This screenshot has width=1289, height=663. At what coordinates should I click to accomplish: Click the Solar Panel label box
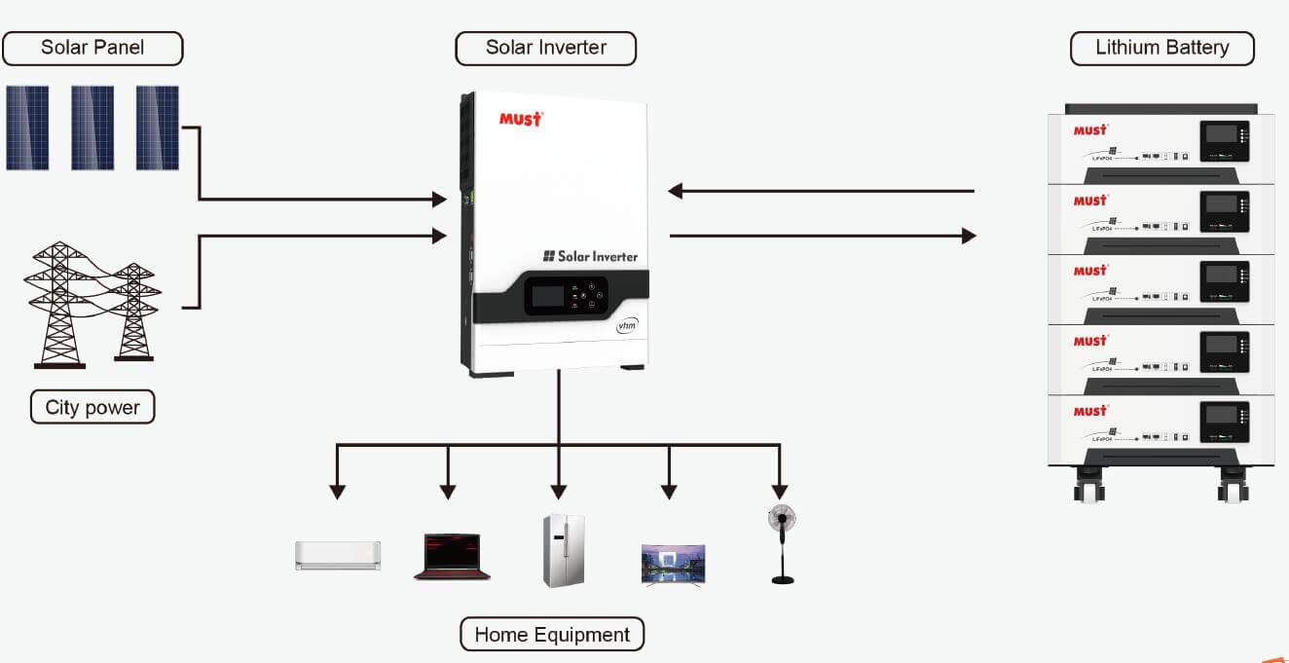click(x=92, y=48)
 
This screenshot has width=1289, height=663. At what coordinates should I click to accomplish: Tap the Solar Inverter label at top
click(x=545, y=48)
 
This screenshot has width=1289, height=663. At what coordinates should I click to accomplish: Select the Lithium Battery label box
click(x=1161, y=48)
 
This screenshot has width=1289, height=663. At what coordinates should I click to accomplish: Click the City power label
click(x=92, y=407)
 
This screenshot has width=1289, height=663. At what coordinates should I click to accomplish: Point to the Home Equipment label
click(x=551, y=635)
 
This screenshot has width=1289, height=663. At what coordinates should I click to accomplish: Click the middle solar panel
click(x=92, y=128)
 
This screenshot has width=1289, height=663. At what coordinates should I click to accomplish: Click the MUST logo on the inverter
click(x=520, y=119)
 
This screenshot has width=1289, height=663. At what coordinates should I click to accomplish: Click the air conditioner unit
click(x=338, y=555)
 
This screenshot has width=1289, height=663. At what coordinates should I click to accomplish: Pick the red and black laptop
click(x=451, y=557)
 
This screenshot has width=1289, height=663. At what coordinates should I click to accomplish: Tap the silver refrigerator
click(x=564, y=551)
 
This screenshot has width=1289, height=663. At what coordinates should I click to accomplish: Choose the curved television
click(x=673, y=565)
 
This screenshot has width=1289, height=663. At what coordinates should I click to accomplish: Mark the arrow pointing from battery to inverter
click(x=821, y=191)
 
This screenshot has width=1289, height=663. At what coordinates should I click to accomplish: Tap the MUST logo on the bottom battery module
click(x=1090, y=411)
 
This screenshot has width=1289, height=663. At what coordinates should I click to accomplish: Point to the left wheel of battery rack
click(x=1088, y=486)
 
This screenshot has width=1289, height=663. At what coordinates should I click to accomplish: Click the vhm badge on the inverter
click(x=626, y=326)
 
